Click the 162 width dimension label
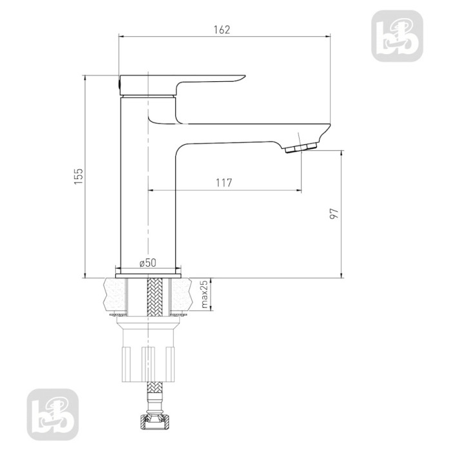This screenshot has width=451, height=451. pos(222,30)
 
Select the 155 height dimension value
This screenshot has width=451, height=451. pos(79,177)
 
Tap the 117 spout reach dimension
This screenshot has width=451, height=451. pos(224,182)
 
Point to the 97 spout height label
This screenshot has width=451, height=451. pos(334,214)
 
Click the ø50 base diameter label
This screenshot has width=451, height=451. pos(148,263)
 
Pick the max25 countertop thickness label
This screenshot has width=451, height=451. pos(204,294)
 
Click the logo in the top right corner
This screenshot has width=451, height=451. pos(397,36)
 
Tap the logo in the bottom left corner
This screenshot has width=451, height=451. pos(53,414)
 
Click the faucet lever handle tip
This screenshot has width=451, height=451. pos(245,76)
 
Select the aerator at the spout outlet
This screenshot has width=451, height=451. pos(301,148)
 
